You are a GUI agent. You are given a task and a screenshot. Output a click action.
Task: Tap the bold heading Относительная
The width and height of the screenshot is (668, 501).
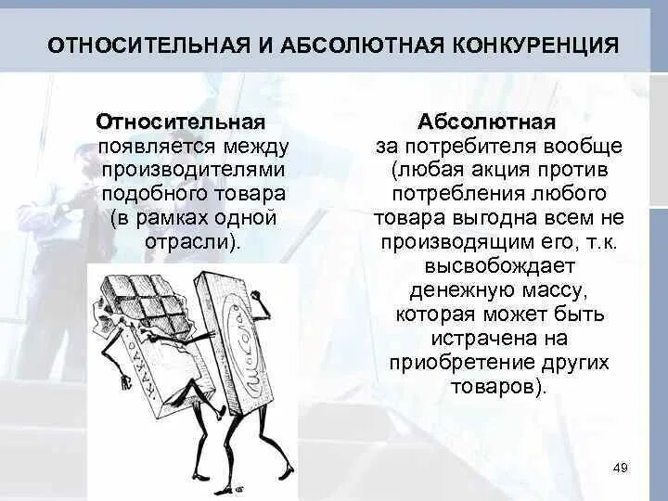[x=181, y=122]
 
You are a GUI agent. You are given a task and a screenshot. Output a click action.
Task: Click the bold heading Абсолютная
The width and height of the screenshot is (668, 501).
[x=487, y=122]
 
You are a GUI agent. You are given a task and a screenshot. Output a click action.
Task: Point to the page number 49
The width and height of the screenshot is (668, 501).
[x=621, y=468]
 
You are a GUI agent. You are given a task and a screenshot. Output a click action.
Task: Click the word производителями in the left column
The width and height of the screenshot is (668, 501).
[x=193, y=171]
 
